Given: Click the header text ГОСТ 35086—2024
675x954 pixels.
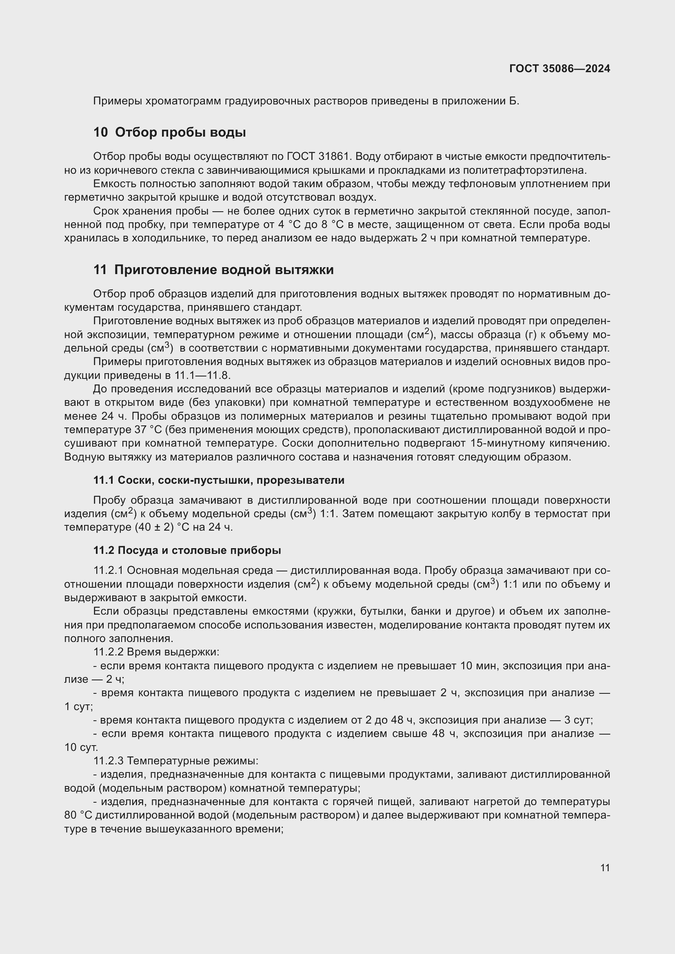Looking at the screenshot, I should pyautogui.click(x=560, y=69).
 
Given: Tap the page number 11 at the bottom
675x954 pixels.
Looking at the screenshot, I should pyautogui.click(x=605, y=868).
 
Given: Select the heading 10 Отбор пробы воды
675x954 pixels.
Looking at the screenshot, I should pyautogui.click(x=170, y=132).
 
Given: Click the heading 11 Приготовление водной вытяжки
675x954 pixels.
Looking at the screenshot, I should pyautogui.click(x=213, y=270).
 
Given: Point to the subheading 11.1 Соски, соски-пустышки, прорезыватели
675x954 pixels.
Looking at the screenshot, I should pyautogui.click(x=219, y=480).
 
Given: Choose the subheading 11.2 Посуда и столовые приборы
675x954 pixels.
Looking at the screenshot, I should pyautogui.click(x=187, y=550).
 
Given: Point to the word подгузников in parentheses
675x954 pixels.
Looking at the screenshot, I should pyautogui.click(x=521, y=389).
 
